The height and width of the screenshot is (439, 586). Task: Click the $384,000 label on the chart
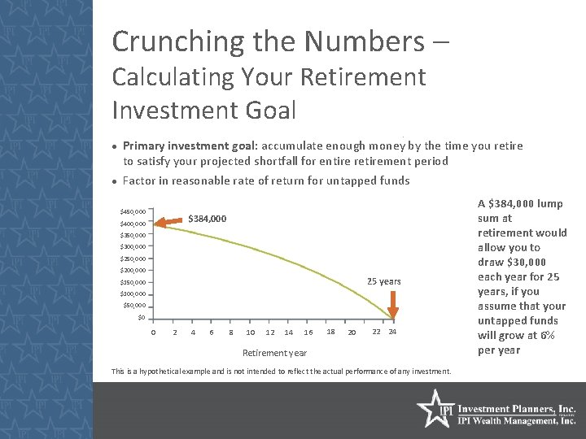[208, 219]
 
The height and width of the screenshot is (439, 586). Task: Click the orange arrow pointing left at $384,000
[170, 220]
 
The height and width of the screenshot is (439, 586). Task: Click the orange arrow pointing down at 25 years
[392, 306]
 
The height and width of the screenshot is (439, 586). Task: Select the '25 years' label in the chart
[383, 281]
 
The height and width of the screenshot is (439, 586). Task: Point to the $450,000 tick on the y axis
[133, 211]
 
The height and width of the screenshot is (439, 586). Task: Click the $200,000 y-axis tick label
[133, 270]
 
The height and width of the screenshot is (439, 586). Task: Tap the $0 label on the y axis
[140, 317]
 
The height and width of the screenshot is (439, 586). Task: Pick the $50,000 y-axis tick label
[134, 306]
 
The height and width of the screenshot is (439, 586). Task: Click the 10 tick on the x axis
[250, 333]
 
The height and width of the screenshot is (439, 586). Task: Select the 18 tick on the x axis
[330, 332]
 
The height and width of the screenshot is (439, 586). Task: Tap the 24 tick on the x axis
[392, 332]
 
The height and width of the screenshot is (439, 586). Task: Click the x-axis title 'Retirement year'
[275, 353]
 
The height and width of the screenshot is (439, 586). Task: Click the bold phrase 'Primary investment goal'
[187, 146]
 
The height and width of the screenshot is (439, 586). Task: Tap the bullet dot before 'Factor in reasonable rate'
[115, 181]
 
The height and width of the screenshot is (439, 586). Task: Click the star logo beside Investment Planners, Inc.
[432, 409]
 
